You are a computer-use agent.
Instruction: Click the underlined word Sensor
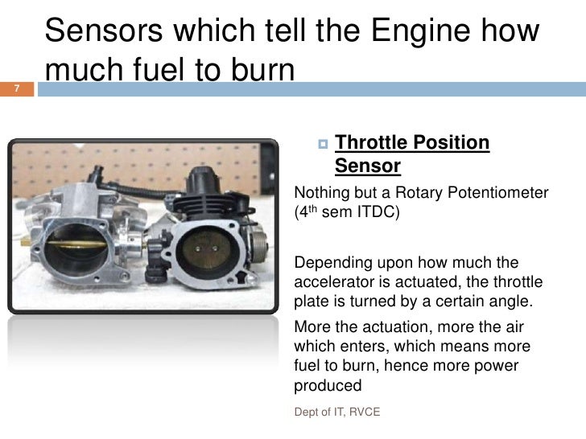tap(368, 166)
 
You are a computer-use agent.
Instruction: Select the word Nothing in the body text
tap(321, 194)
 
